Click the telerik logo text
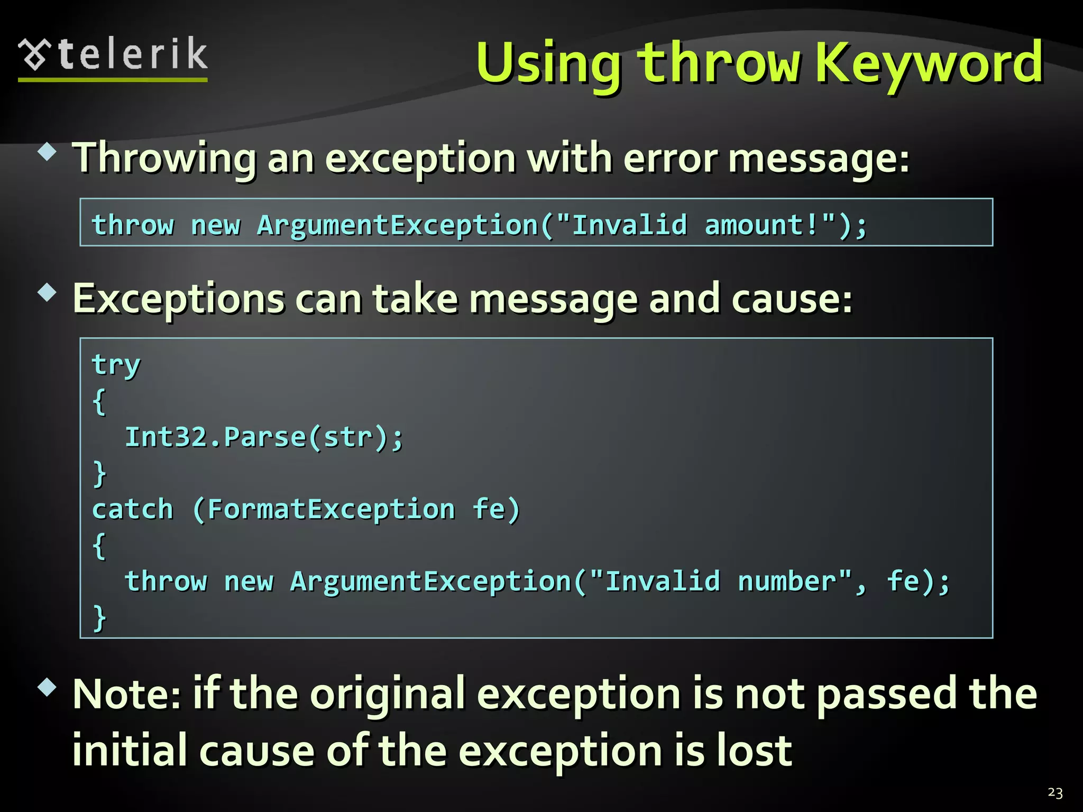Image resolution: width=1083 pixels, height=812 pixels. click(132, 54)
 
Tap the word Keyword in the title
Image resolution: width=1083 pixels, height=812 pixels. click(929, 63)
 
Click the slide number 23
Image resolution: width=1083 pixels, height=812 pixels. click(1054, 792)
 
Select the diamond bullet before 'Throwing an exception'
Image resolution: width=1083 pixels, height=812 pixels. click(48, 152)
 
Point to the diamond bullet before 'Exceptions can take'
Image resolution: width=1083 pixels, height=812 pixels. click(48, 292)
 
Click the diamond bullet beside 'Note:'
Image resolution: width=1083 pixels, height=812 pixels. click(48, 687)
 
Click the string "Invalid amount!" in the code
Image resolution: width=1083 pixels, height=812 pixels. click(696, 225)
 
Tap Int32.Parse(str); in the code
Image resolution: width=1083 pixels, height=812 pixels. click(264, 437)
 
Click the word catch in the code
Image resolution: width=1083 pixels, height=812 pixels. click(133, 510)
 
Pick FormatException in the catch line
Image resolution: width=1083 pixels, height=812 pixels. click(331, 510)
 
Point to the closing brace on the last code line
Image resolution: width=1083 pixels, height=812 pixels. click(99, 617)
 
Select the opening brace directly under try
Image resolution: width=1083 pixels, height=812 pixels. click(99, 401)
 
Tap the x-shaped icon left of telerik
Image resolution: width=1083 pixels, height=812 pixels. click(35, 54)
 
